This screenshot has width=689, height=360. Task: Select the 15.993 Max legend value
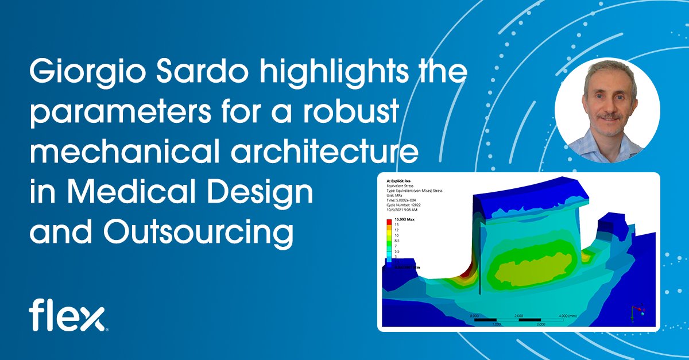(x=403, y=219)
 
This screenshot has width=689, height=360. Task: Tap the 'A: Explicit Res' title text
(x=399, y=180)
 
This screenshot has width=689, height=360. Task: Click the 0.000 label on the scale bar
(x=474, y=316)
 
